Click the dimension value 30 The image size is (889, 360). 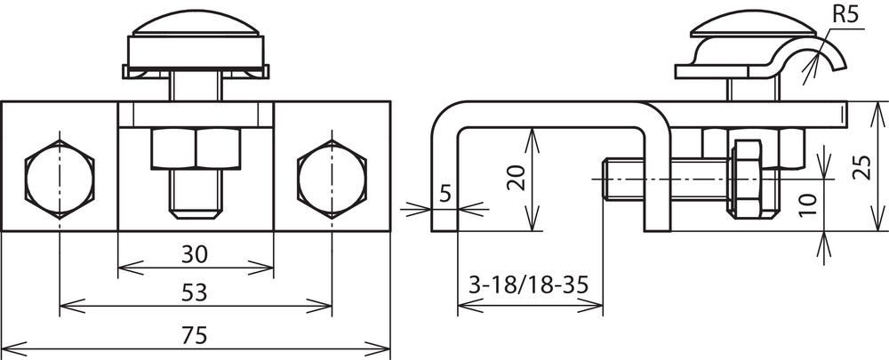click(195, 255)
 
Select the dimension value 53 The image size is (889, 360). click(195, 293)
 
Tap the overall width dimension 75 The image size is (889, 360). click(195, 336)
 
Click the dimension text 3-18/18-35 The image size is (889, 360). click(528, 284)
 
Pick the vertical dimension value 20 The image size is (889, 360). click(517, 178)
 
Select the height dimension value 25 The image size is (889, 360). click(861, 166)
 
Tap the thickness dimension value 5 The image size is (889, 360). click(445, 194)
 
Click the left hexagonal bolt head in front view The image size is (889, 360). click(60, 180)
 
